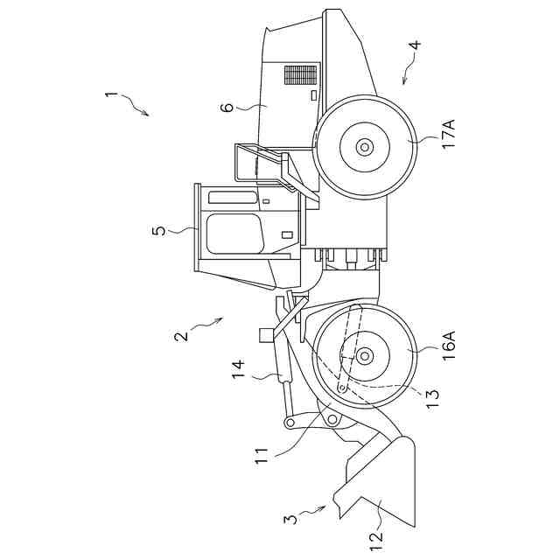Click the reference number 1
click(110, 94)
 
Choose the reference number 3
click(289, 518)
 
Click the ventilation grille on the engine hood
click(300, 74)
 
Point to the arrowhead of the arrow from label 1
click(147, 115)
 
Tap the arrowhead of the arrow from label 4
click(403, 83)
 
